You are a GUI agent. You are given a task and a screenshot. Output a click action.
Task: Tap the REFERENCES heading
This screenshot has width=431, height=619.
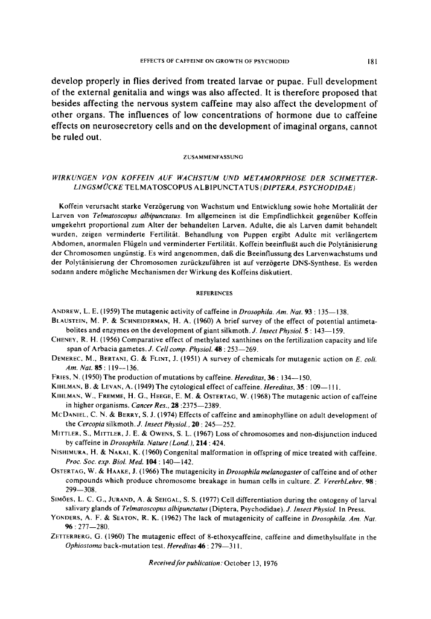point(215,293)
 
